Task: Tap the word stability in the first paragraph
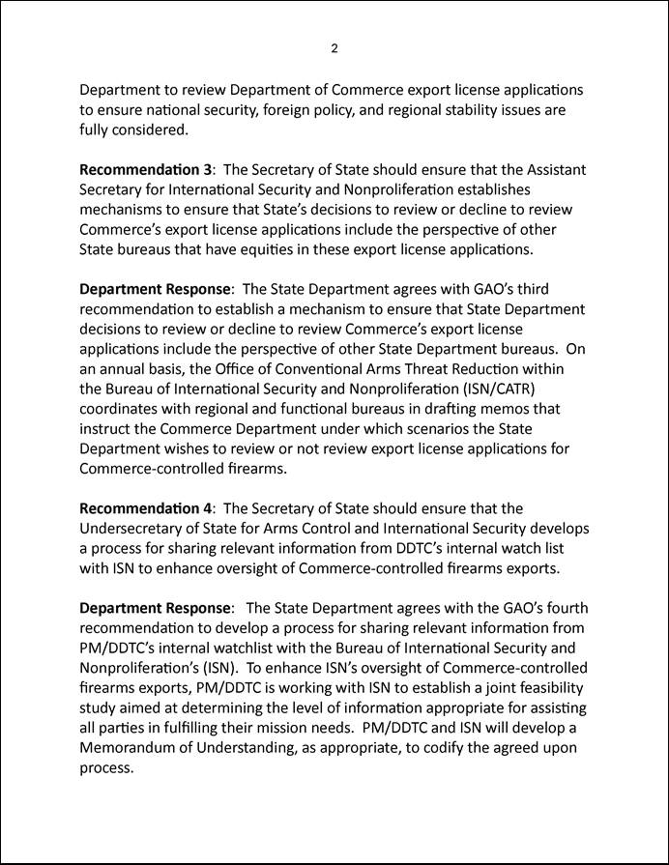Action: (476, 110)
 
